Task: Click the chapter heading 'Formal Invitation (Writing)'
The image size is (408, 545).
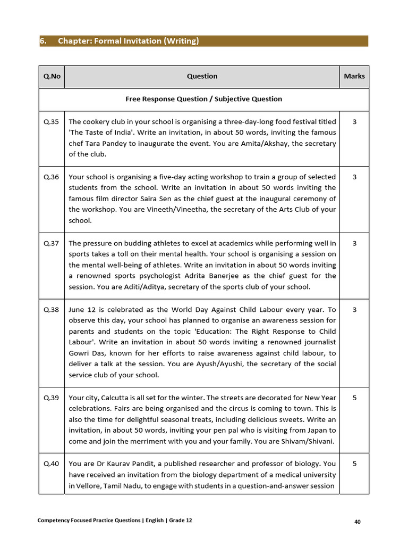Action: (128, 41)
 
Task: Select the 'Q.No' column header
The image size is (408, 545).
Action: (52, 76)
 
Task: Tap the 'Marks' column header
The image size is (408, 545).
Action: (354, 76)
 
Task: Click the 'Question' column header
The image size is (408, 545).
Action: (202, 76)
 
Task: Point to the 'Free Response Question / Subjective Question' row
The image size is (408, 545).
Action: (203, 99)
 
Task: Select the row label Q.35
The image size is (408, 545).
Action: (52, 122)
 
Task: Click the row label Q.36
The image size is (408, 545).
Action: (52, 177)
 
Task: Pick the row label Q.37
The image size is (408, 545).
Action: (52, 243)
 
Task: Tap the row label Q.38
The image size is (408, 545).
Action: (52, 309)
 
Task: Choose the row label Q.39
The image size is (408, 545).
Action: (52, 398)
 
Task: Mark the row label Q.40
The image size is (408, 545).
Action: (52, 464)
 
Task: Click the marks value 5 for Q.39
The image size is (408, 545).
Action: (354, 398)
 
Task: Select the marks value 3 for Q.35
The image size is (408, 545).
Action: (354, 122)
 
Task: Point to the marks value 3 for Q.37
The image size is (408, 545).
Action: (354, 243)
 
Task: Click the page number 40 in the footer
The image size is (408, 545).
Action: (358, 522)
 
